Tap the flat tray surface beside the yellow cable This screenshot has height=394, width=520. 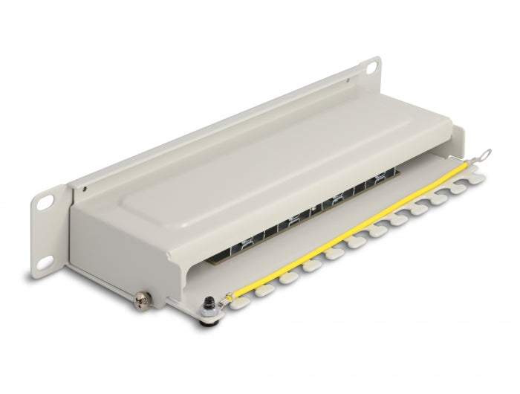(357, 223)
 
